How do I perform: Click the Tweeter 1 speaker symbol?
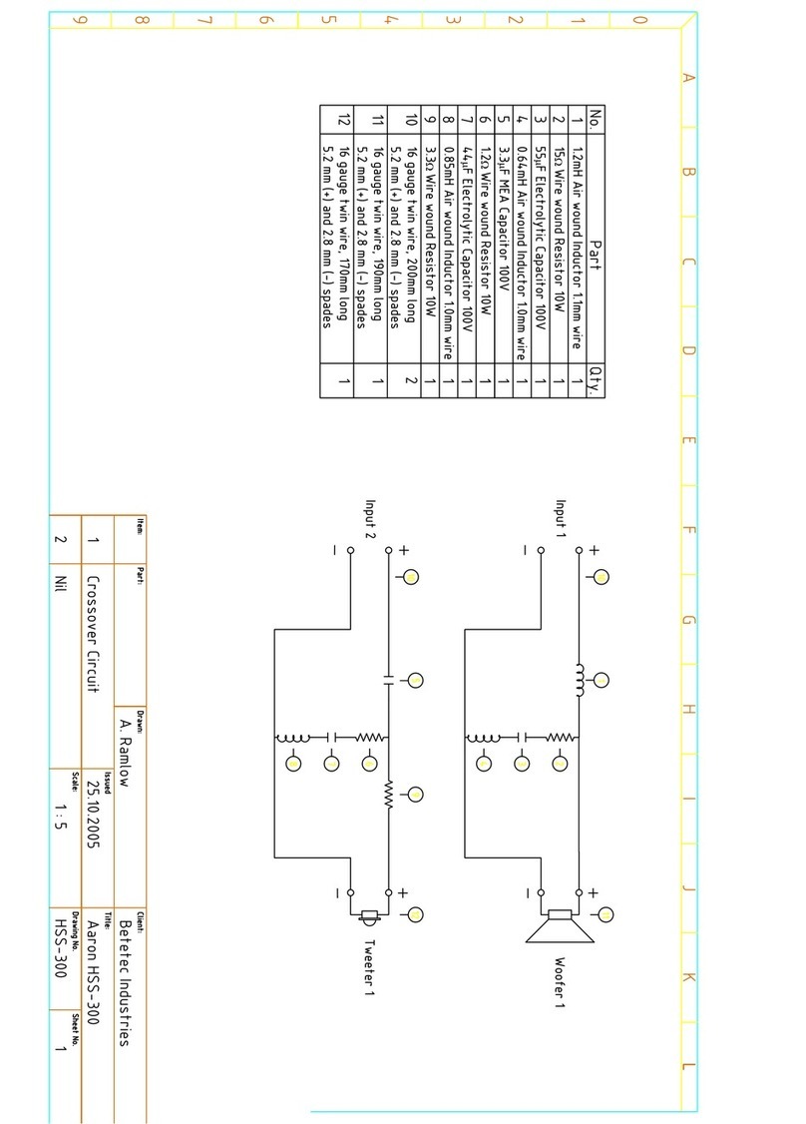tap(369, 914)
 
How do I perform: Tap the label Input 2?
tap(369, 519)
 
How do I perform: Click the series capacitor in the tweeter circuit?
tap(388, 679)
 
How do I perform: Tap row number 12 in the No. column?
tap(344, 120)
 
